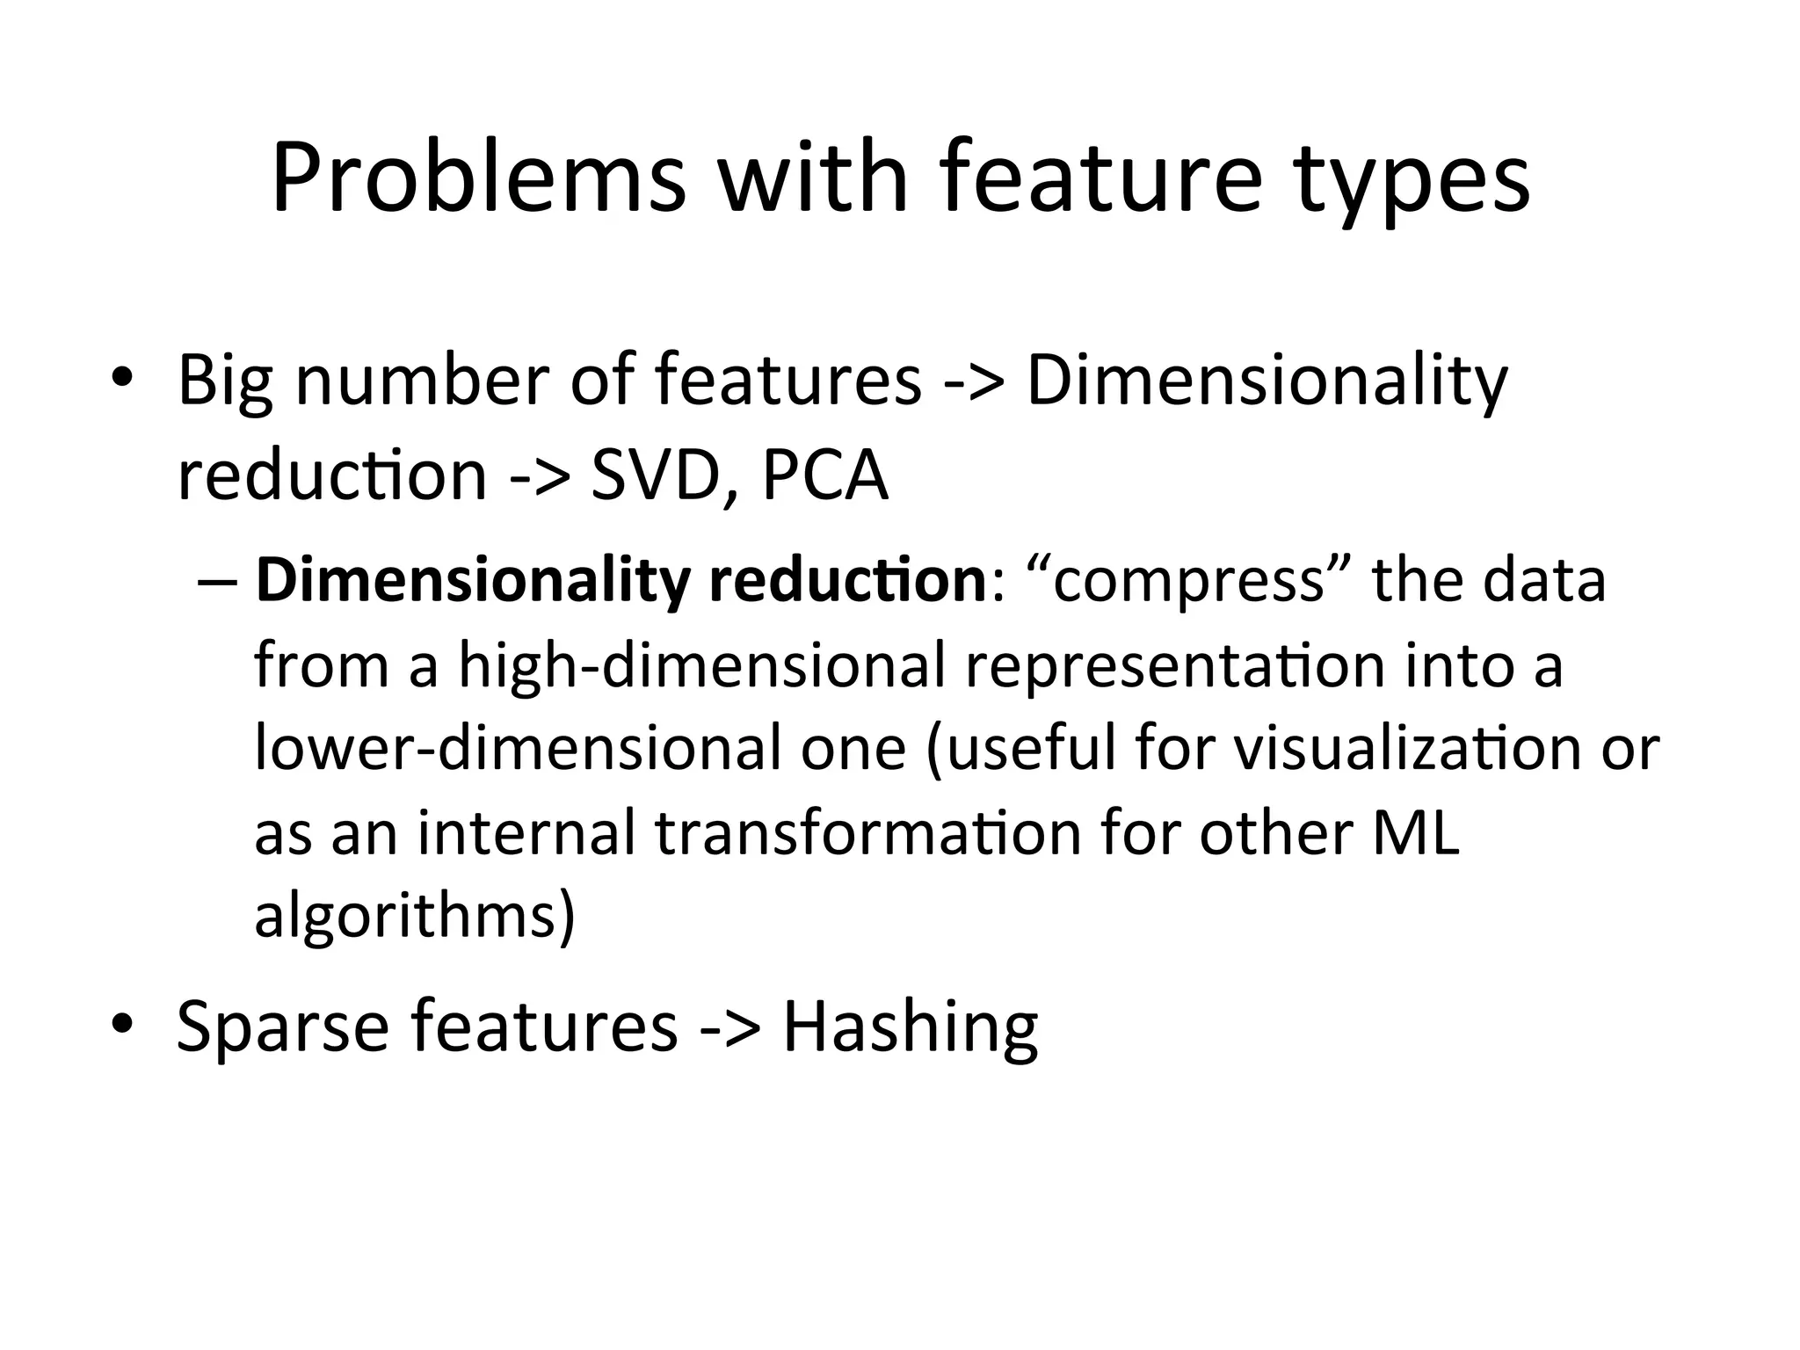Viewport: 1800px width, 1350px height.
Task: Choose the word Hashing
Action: coord(910,1027)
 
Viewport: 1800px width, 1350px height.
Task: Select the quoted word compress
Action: coord(1187,582)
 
